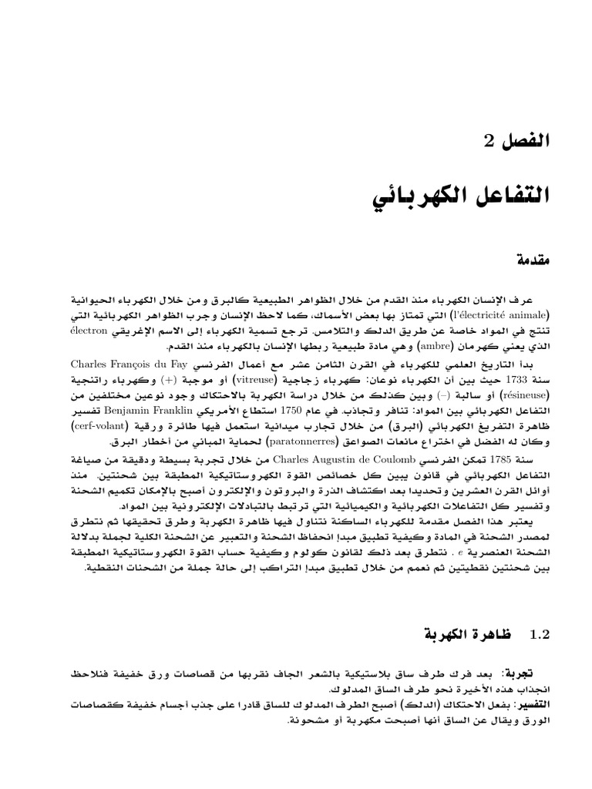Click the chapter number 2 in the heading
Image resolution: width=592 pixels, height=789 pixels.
coord(483,142)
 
